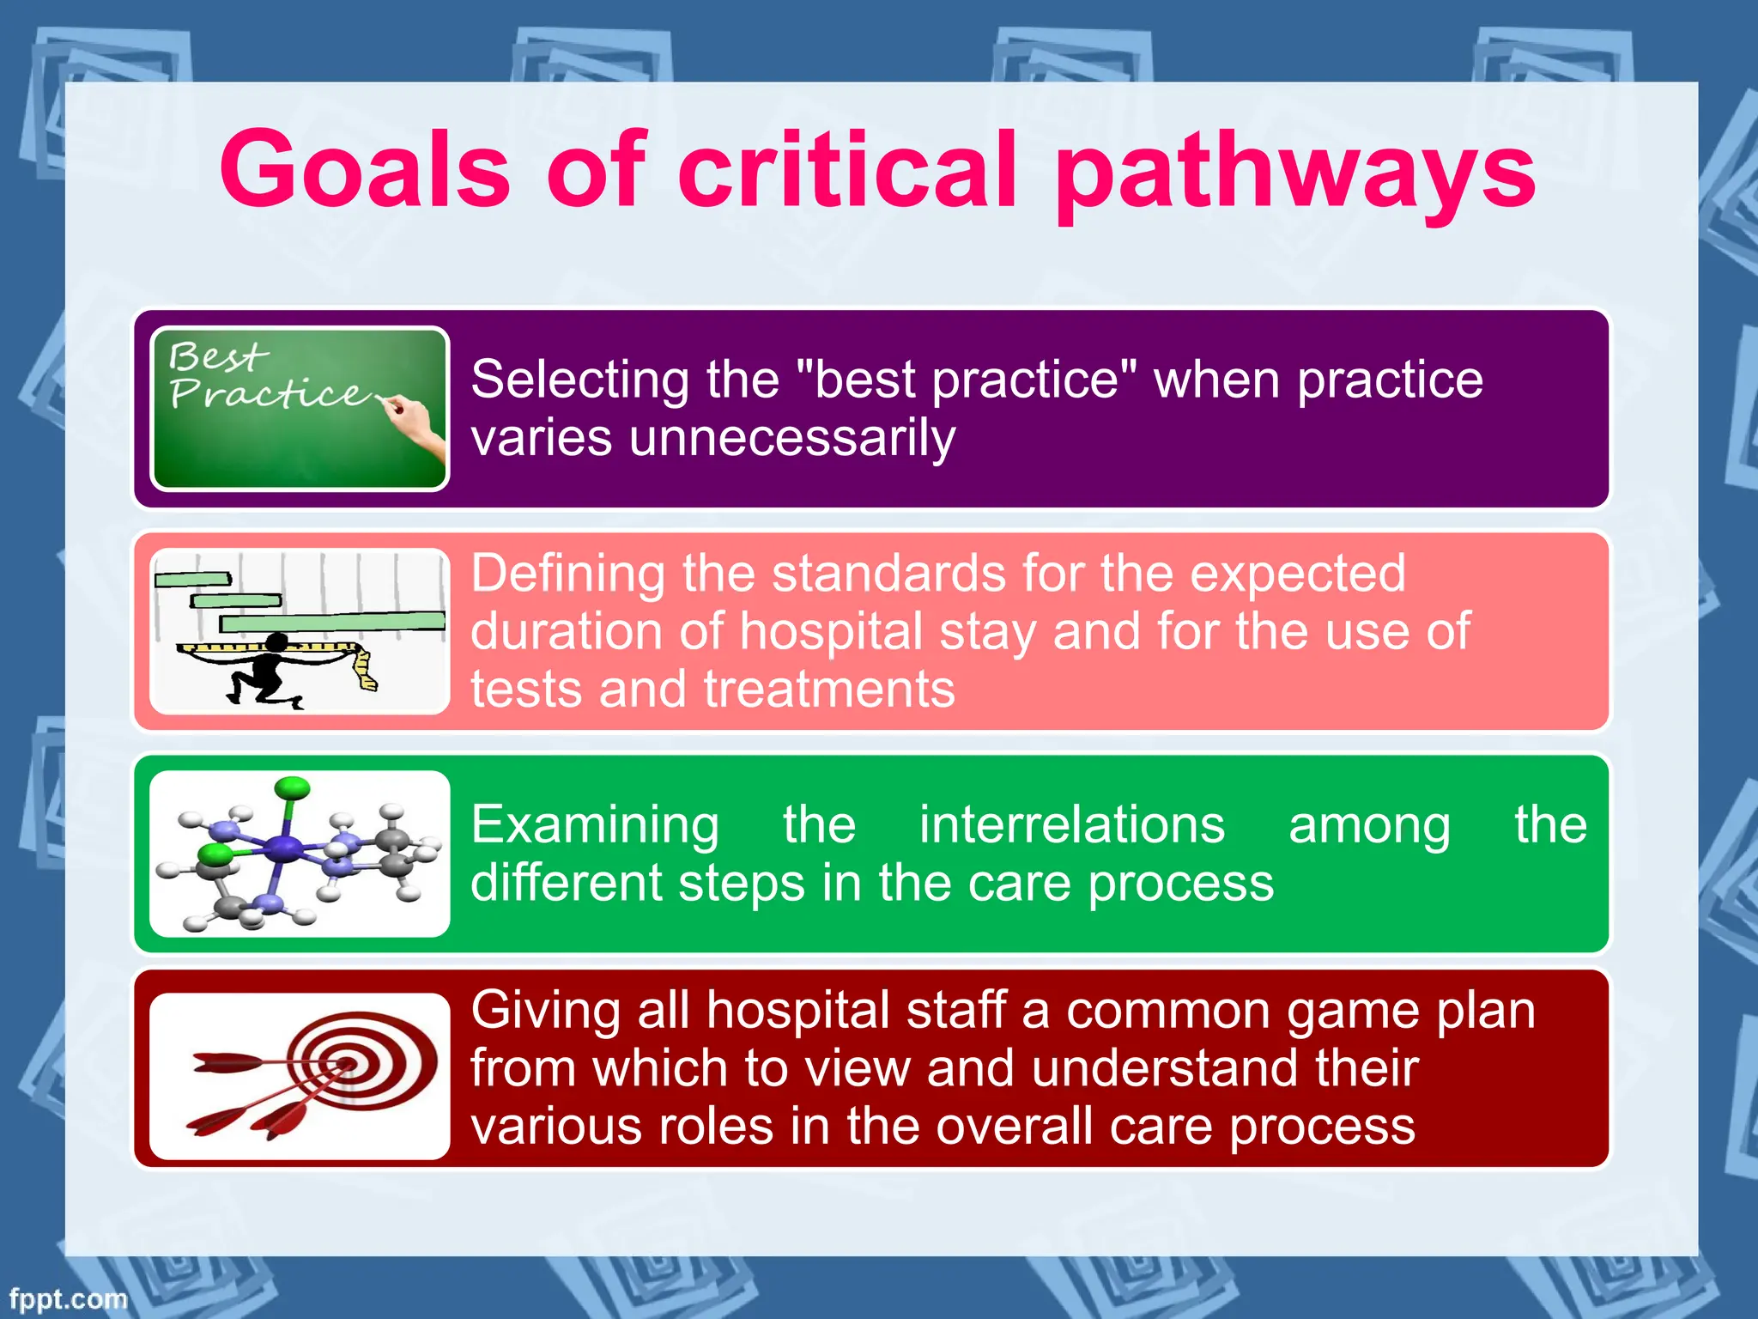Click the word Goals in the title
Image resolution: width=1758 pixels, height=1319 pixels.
[x=366, y=169]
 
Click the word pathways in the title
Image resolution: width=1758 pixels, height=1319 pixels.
[x=1295, y=172]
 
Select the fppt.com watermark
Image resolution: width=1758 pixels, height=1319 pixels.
[x=68, y=1298]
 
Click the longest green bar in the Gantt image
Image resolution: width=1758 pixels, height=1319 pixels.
[x=332, y=622]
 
